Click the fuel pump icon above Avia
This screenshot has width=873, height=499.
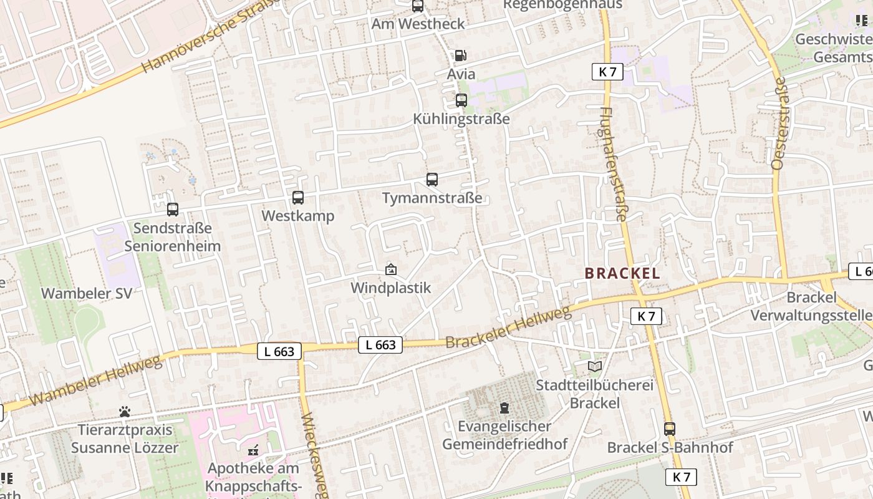point(460,55)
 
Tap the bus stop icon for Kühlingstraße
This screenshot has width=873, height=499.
point(461,100)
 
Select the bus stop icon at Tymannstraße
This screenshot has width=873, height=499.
point(432,180)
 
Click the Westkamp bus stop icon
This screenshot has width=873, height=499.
point(298,198)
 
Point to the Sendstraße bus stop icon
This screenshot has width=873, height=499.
point(173,210)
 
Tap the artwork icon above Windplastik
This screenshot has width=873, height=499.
point(391,269)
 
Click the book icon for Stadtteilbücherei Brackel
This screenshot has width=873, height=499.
point(595,366)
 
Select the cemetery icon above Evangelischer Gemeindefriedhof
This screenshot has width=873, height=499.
point(504,408)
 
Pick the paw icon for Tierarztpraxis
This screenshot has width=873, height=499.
point(125,412)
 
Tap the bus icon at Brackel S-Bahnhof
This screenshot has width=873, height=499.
point(669,429)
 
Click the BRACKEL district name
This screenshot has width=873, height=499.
point(622,273)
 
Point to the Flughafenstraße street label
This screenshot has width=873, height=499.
point(612,164)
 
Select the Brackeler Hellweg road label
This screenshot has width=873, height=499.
point(508,327)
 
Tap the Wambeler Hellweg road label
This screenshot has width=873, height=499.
point(94,380)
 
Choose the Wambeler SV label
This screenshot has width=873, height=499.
point(87,293)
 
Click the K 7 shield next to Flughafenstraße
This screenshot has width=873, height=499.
point(607,72)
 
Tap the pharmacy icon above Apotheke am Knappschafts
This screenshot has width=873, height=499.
point(253,449)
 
